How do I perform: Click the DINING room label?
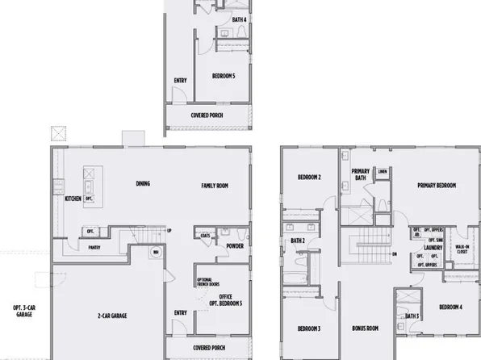[143, 184]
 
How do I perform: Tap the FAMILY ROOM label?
[215, 186]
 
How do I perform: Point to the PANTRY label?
[94, 248]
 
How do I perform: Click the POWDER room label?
[236, 246]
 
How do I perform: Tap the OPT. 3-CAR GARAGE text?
[23, 311]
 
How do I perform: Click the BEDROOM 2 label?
[309, 177]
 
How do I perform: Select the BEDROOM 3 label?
[309, 329]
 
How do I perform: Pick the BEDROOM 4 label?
[450, 308]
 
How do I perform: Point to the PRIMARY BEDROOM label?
[437, 186]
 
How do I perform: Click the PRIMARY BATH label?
[360, 174]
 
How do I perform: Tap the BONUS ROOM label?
[366, 329]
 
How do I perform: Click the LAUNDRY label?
[435, 248]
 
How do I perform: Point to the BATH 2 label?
[296, 241]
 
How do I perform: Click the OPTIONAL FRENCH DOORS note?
[204, 282]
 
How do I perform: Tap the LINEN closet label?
[383, 171]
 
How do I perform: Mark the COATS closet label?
[207, 237]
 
